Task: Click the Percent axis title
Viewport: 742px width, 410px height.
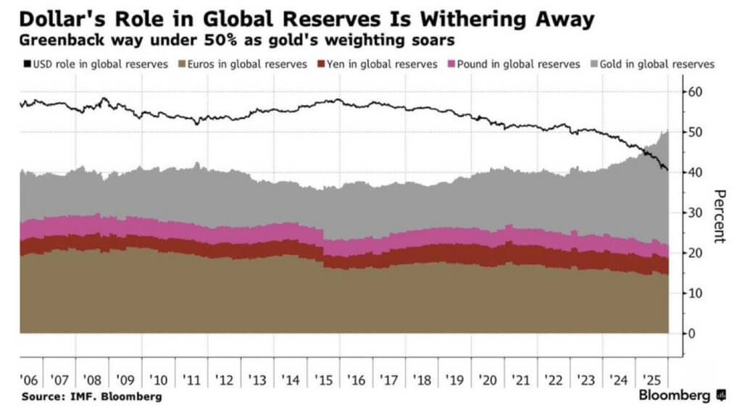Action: coord(719,216)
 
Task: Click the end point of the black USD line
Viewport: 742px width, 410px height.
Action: coord(667,170)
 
